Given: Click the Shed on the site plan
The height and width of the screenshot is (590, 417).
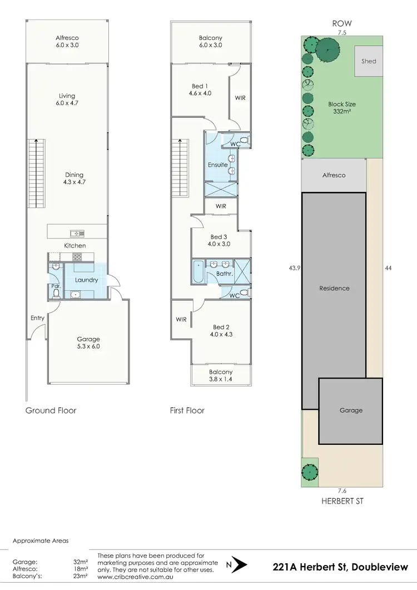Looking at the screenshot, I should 369,62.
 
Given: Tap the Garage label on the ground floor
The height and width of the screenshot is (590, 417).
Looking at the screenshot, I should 88,339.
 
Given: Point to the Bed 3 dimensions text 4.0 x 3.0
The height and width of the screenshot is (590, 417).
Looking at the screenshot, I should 219,244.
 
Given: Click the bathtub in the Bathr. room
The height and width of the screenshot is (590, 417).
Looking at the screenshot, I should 198,271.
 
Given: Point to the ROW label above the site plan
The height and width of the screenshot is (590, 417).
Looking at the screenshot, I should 342,24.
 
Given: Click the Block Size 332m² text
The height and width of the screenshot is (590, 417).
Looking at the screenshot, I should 342,108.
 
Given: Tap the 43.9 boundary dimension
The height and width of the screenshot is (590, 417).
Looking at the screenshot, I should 295,268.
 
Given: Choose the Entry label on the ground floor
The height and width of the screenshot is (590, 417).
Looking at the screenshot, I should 37,318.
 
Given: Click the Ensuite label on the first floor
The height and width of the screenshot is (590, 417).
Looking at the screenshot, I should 218,165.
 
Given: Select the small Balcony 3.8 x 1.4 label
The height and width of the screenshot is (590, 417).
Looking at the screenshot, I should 221,375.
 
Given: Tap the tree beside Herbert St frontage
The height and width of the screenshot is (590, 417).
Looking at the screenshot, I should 309,473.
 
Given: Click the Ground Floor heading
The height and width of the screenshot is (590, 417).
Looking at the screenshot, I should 51,410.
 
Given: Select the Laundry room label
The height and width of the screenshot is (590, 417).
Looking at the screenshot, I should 87,280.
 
